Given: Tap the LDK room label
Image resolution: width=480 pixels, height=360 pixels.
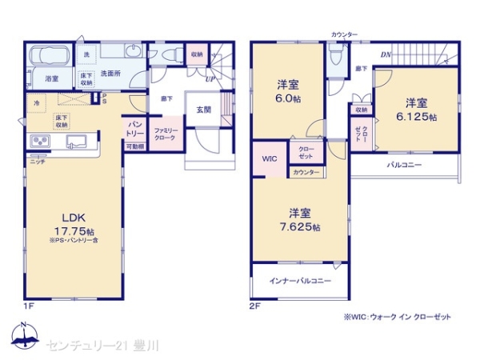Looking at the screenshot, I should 63,215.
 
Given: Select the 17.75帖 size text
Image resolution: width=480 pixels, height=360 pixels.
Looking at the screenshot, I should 64,229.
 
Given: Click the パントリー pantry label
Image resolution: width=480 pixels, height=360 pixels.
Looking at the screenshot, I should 134,129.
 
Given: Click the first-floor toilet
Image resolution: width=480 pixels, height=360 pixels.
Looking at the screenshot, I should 170,55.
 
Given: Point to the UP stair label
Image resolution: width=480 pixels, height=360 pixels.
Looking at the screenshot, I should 210,79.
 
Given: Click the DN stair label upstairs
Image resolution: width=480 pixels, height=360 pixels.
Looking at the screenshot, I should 385,54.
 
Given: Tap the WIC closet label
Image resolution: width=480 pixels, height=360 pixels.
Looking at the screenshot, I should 269,158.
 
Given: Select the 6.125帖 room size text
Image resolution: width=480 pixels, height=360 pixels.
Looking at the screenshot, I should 415,117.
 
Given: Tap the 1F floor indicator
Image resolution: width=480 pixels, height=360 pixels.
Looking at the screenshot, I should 28,304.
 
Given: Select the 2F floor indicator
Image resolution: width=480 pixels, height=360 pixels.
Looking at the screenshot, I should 255,304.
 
